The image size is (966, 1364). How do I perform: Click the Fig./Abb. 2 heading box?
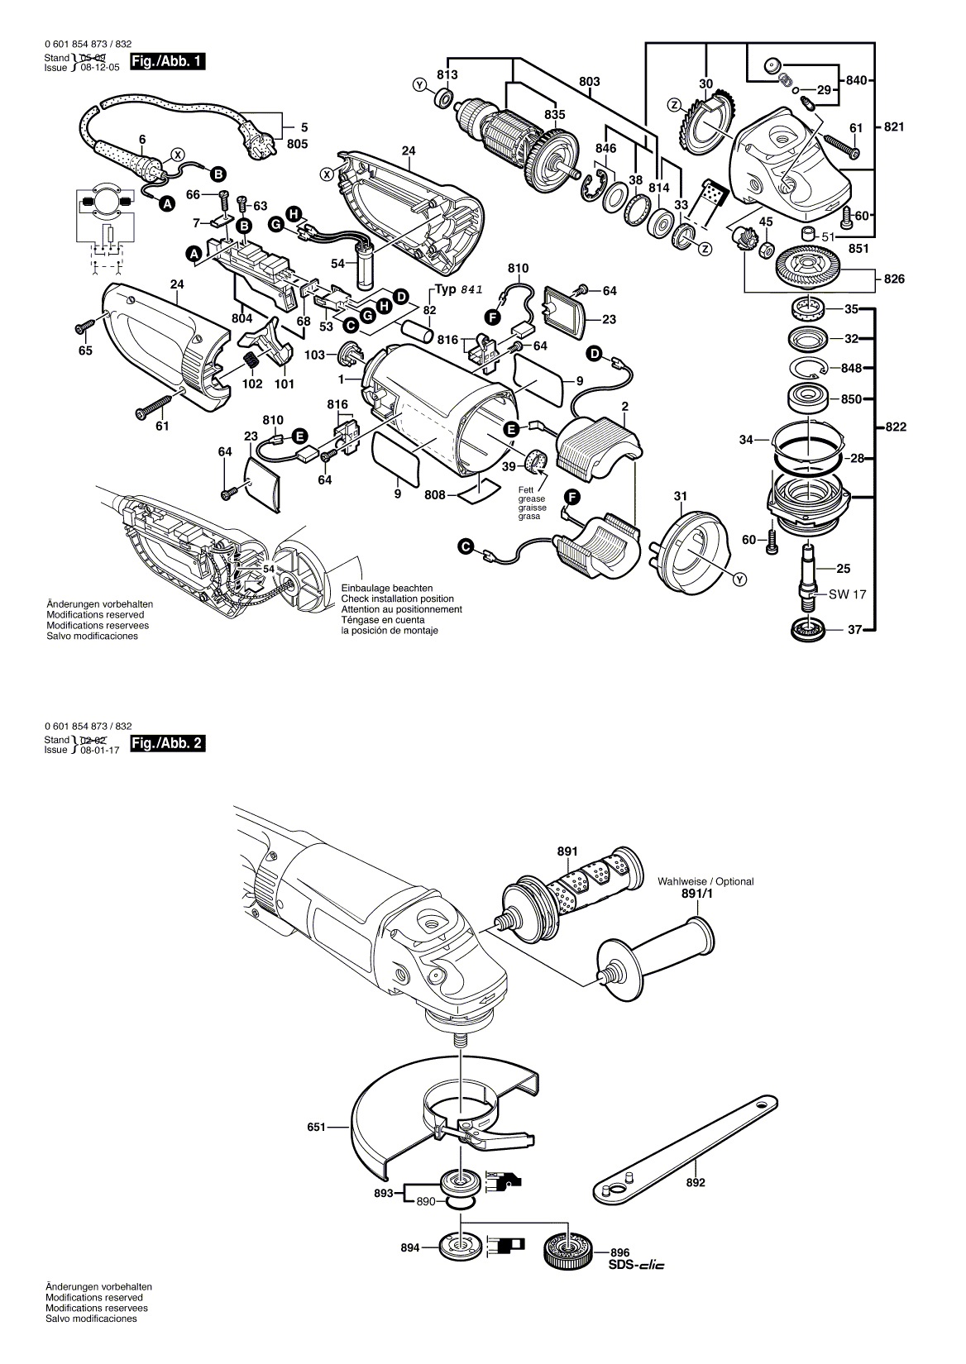tap(166, 743)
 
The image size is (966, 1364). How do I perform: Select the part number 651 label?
tap(315, 1126)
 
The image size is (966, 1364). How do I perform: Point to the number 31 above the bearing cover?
tap(680, 496)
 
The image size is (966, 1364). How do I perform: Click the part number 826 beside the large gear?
tap(894, 279)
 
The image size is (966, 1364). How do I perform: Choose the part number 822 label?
tap(896, 427)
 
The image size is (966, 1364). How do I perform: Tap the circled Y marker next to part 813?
tap(418, 84)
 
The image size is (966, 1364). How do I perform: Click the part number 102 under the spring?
tap(252, 384)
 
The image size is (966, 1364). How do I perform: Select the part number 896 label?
tap(620, 1252)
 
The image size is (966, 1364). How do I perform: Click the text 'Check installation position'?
tap(398, 599)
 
